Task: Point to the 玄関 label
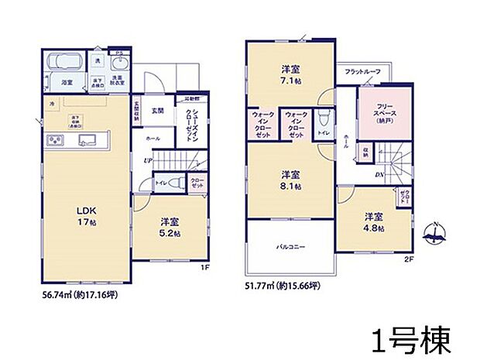pyautogui.click(x=157, y=109)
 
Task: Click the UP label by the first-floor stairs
pyautogui.click(x=146, y=161)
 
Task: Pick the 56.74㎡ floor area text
pyautogui.click(x=77, y=295)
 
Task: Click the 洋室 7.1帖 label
pyautogui.click(x=291, y=76)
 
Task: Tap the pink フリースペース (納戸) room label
pyautogui.click(x=378, y=114)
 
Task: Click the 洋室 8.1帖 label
pyautogui.click(x=291, y=179)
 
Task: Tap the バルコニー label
pyautogui.click(x=290, y=249)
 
